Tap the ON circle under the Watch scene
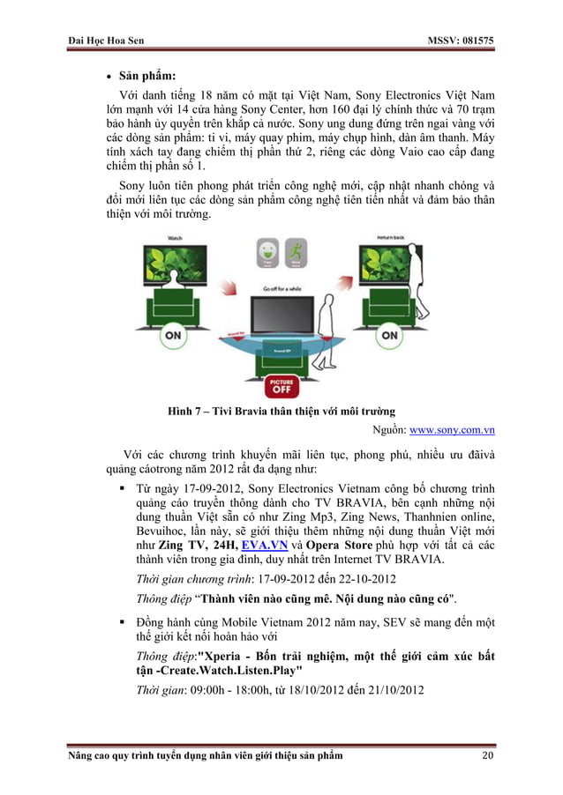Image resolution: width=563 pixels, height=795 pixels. tap(172, 335)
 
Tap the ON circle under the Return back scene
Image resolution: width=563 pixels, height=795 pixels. tap(389, 335)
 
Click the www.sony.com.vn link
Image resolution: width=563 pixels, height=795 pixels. tap(453, 431)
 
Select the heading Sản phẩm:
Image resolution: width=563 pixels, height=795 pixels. tap(136, 75)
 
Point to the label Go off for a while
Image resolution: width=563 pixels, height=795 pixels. tap(281, 288)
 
